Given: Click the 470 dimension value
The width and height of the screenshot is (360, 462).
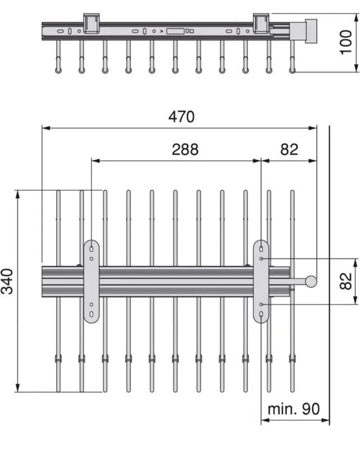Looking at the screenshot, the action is (182, 116).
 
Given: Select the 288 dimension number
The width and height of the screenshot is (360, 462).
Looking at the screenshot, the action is (185, 149).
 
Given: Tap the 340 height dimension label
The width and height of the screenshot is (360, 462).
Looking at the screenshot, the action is (7, 281).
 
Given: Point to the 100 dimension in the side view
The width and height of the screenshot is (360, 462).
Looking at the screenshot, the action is (346, 42).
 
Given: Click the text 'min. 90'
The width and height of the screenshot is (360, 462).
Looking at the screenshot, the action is (294, 409).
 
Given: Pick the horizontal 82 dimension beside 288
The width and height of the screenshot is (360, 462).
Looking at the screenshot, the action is (289, 149).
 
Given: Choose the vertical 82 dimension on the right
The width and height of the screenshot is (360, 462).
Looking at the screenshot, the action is (346, 281).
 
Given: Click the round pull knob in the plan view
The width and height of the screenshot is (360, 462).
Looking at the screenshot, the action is (311, 281).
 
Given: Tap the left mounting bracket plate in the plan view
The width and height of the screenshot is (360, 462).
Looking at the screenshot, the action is (91, 281).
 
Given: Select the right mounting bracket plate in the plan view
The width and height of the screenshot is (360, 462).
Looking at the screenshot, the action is (261, 281).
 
